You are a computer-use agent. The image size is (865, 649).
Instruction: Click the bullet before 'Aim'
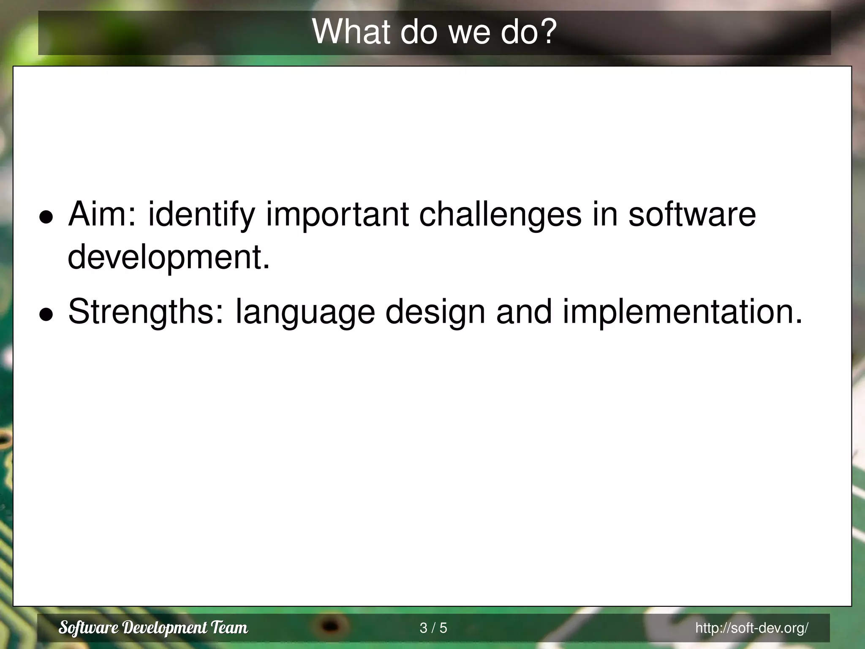point(46,217)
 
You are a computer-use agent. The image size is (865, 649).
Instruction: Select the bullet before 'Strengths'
point(46,314)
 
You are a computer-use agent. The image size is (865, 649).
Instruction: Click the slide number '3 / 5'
point(433,628)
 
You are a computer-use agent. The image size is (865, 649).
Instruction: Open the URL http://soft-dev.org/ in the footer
point(752,628)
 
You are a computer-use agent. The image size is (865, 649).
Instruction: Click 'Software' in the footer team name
point(88,628)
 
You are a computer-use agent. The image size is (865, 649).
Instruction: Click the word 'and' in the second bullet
point(524,312)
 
